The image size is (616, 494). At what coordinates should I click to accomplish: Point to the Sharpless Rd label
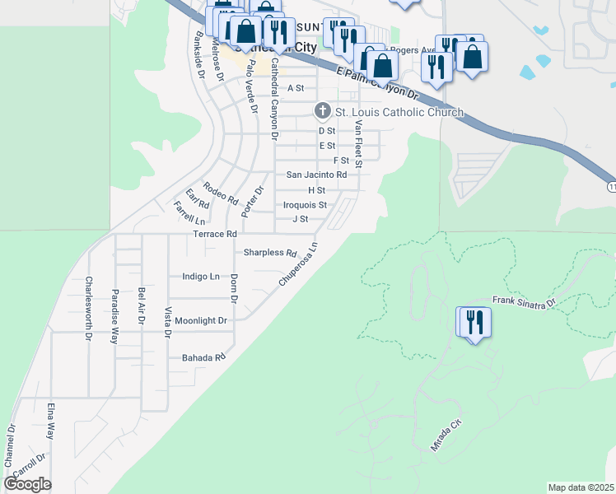(270, 253)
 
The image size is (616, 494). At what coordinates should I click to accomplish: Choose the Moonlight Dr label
(200, 320)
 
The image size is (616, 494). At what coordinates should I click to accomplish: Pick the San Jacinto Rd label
(316, 175)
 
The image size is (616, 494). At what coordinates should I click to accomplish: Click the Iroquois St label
(305, 205)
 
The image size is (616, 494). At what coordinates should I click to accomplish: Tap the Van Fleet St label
(358, 144)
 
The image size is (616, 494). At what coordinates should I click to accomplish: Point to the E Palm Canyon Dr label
(379, 85)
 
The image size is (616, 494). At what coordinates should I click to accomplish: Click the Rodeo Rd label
(221, 193)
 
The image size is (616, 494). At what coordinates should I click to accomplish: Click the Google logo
(27, 484)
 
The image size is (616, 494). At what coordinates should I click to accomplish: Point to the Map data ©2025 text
(581, 487)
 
